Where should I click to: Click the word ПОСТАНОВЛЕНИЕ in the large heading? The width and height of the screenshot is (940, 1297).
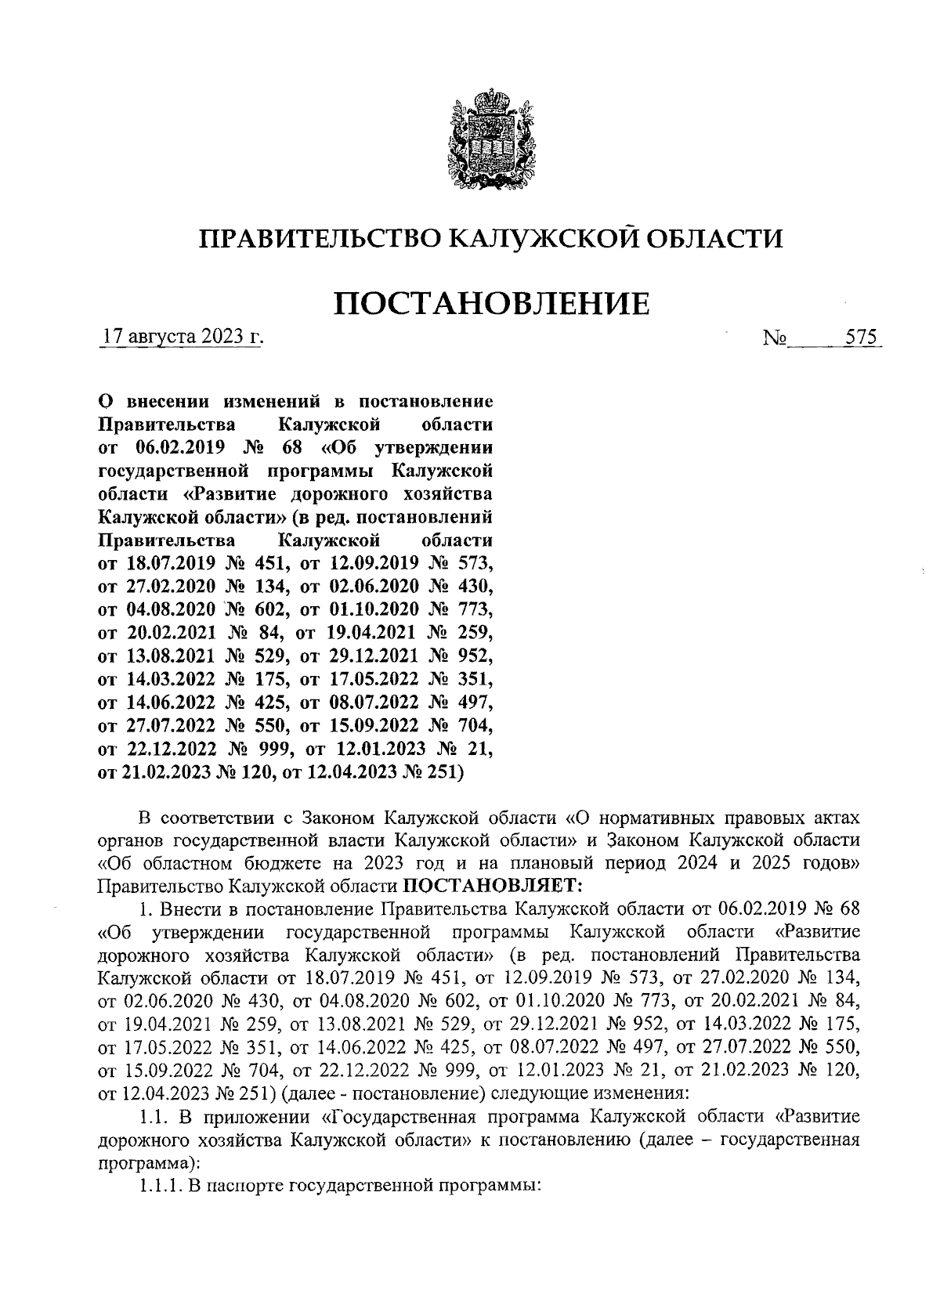coord(492,304)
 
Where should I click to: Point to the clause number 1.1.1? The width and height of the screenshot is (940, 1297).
coord(160,1187)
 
